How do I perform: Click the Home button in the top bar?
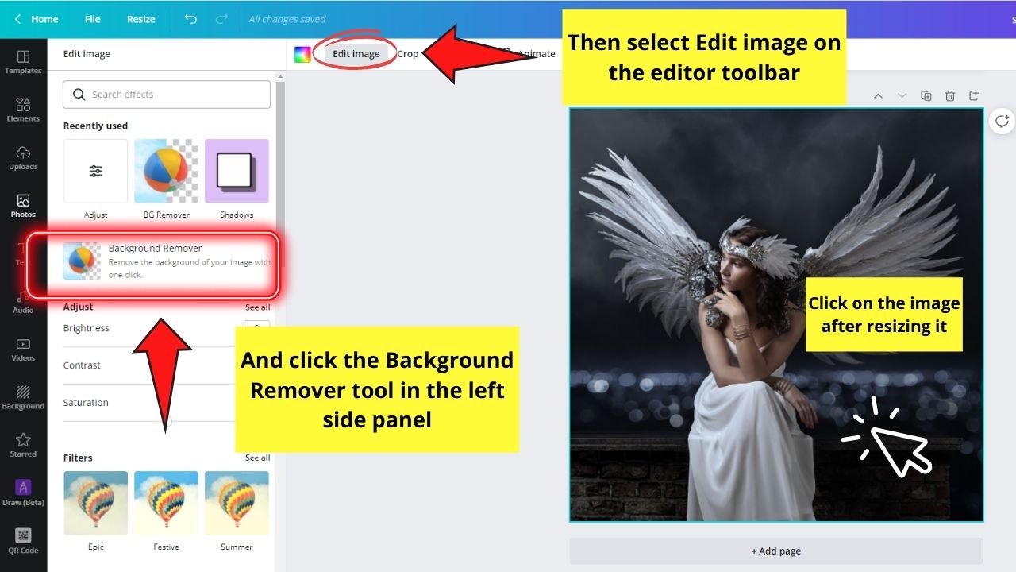[37, 19]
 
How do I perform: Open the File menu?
[93, 19]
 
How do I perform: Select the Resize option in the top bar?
[141, 19]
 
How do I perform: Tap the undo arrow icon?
[190, 19]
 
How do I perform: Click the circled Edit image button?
[356, 54]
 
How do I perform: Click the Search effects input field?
[167, 95]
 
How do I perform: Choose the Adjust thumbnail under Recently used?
[95, 171]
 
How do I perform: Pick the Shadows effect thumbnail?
[237, 171]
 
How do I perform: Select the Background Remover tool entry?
[155, 261]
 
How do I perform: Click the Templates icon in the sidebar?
[23, 62]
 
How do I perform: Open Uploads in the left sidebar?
[23, 157]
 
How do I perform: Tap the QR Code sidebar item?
[23, 540]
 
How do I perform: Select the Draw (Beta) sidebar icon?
[23, 492]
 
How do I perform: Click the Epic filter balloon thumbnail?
[95, 503]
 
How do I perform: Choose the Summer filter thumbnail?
[237, 503]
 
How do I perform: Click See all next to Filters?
[257, 458]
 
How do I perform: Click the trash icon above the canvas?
[950, 96]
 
